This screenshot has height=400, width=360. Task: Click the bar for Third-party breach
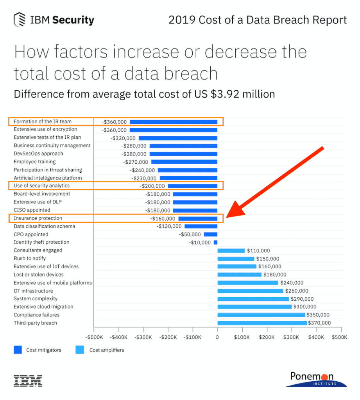(262, 323)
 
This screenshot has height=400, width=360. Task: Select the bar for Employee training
(184, 162)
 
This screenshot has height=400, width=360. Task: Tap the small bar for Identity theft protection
(215, 243)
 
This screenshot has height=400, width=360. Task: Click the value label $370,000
(319, 323)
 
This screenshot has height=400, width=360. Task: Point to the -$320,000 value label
(123, 138)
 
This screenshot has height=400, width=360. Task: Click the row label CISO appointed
(32, 210)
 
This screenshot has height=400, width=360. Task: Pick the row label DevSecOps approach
(38, 154)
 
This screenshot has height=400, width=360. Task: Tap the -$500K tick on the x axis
(94, 336)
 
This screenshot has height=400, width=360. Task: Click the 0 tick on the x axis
(217, 336)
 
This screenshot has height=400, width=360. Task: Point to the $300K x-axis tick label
(292, 336)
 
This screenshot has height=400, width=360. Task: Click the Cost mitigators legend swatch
(18, 350)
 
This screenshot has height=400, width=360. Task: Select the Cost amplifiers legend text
(107, 350)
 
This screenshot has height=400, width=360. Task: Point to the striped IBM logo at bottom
(28, 380)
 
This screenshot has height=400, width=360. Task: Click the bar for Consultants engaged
(231, 250)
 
